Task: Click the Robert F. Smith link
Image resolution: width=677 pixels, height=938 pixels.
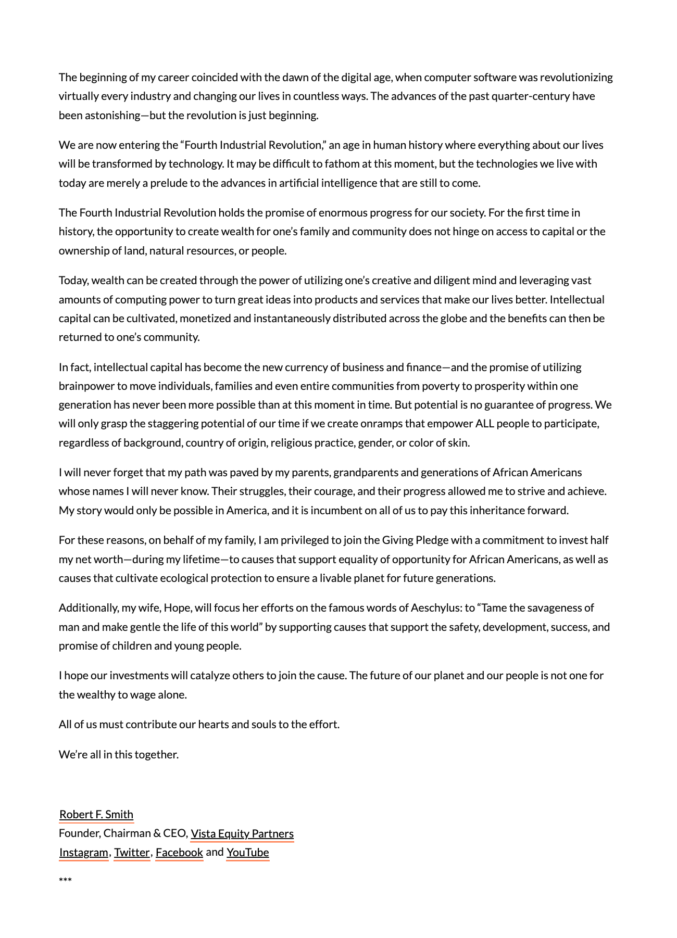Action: point(96,814)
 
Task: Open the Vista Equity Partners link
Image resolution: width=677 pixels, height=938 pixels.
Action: point(242,833)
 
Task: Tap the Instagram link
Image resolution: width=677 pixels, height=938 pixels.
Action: point(83,852)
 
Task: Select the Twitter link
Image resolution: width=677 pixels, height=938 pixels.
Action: point(132,852)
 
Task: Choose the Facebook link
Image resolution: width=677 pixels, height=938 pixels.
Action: point(179,852)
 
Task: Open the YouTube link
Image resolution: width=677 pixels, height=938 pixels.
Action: point(248,852)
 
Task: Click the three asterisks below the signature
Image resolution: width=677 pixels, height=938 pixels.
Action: point(65,880)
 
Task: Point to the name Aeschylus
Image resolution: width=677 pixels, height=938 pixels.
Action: point(435,607)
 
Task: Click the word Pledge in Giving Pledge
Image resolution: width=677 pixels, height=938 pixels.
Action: point(432,540)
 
